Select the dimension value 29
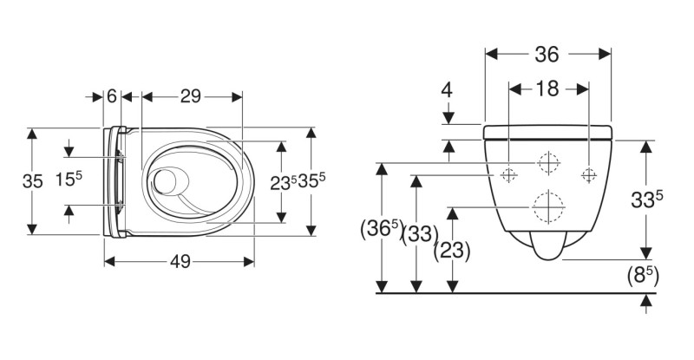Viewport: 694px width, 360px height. (191, 96)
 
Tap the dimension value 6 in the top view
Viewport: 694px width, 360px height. (111, 96)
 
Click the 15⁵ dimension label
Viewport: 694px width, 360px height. (69, 180)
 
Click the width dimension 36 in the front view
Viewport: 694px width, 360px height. (546, 55)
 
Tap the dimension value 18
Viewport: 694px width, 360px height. (547, 88)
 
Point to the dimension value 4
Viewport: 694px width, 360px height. (447, 88)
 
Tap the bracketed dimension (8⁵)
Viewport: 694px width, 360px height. (643, 277)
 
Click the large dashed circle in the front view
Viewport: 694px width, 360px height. (547, 206)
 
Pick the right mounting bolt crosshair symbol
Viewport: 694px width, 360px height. (589, 173)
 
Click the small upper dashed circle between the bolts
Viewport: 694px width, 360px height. (547, 162)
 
